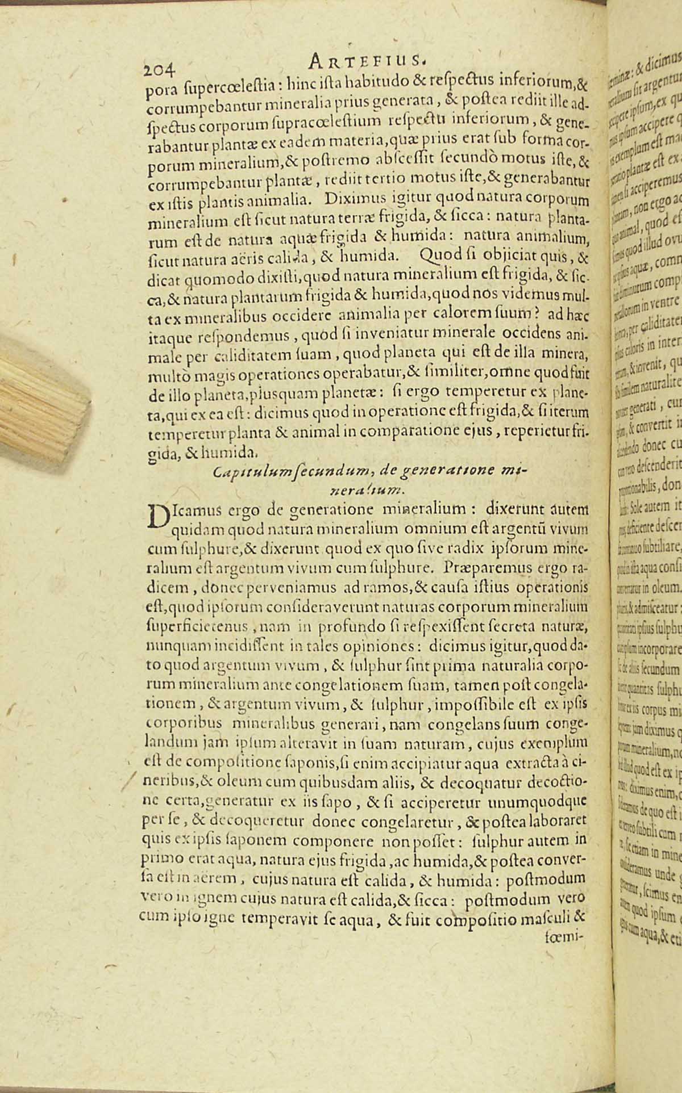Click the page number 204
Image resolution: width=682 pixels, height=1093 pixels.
[x=161, y=70]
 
